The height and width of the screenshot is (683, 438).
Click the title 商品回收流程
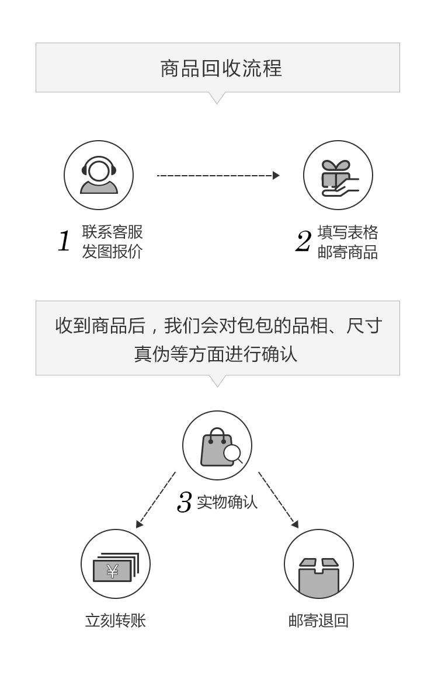click(x=221, y=68)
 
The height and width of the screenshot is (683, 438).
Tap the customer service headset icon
click(x=99, y=175)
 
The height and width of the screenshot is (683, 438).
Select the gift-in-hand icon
click(x=338, y=176)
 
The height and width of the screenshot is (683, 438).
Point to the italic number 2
click(x=303, y=242)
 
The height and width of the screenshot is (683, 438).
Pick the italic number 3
click(x=185, y=502)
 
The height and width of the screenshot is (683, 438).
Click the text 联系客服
click(x=112, y=232)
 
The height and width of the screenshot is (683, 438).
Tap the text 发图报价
click(x=112, y=252)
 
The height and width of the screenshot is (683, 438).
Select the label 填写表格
click(x=347, y=232)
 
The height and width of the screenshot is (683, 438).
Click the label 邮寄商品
click(x=347, y=252)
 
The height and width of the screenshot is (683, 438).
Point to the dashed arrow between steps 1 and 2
click(x=218, y=175)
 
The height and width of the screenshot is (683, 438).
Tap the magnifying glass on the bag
click(x=233, y=454)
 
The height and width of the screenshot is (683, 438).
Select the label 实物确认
click(x=227, y=502)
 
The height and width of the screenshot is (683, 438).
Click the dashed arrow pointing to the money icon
click(x=155, y=500)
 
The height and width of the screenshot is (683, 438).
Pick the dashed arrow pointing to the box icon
click(x=279, y=500)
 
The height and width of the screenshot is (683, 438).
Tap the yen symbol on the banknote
click(x=112, y=570)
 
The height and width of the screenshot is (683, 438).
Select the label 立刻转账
click(x=115, y=620)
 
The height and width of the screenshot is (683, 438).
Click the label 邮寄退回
click(x=318, y=620)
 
